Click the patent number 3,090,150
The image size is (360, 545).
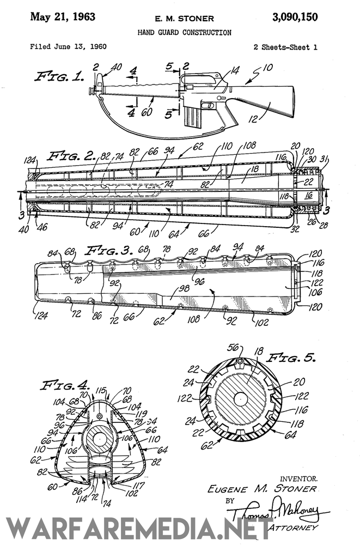click(x=295, y=17)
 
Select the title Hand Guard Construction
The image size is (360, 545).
click(x=184, y=33)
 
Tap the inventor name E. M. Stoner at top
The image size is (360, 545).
click(x=184, y=19)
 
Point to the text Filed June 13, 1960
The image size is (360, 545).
click(x=68, y=47)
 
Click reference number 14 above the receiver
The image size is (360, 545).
click(x=220, y=70)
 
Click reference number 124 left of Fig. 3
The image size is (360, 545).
click(x=40, y=313)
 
